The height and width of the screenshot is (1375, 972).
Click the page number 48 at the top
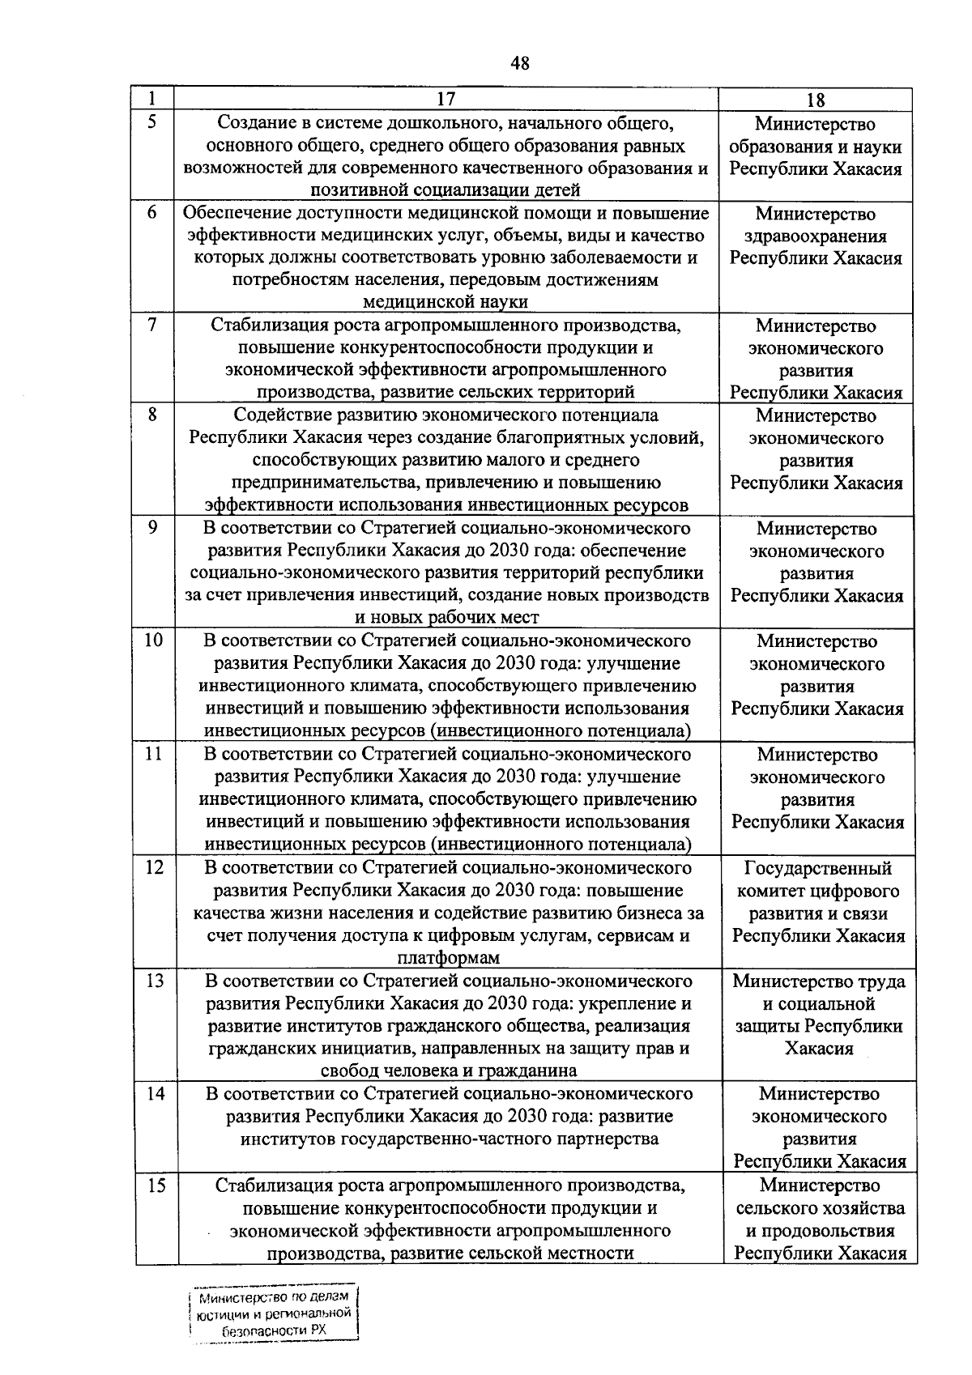click(x=520, y=63)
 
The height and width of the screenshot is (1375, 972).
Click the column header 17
click(x=446, y=100)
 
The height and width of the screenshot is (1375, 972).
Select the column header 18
click(x=816, y=100)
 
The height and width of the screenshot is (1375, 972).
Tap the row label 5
click(x=151, y=122)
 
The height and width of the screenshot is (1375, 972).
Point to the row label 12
click(x=154, y=867)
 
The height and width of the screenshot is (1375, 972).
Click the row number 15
click(x=156, y=1185)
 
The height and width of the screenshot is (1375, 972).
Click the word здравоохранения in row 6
click(x=816, y=236)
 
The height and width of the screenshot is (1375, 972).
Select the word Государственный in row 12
click(x=818, y=868)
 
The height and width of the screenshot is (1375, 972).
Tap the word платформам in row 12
click(x=448, y=958)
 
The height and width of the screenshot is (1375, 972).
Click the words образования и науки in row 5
click(x=816, y=147)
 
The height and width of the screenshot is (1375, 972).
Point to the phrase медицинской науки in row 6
click(x=446, y=302)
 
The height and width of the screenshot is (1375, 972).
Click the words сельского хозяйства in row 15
click(x=820, y=1208)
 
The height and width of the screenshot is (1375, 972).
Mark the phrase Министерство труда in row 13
click(x=819, y=981)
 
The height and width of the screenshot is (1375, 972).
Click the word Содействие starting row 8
click(x=275, y=415)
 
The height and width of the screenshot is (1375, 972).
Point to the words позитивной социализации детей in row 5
click(x=446, y=191)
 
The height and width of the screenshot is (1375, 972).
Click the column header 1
click(x=151, y=99)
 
